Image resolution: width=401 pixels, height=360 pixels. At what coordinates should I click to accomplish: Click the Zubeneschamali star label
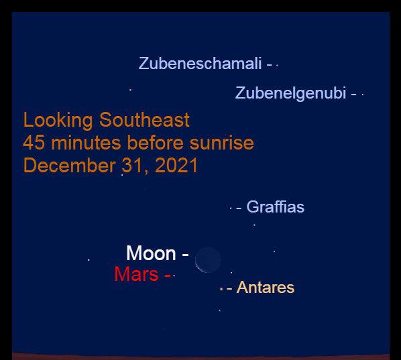coord(200,63)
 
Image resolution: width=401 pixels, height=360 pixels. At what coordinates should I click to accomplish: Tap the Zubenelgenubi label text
coord(290,93)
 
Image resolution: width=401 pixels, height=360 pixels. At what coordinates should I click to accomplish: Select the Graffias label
coord(276,207)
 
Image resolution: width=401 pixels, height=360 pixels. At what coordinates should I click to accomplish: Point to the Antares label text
coord(266,288)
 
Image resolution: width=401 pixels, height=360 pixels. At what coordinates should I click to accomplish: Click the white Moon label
coord(151,253)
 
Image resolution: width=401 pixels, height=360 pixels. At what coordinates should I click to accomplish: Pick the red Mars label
coord(136,274)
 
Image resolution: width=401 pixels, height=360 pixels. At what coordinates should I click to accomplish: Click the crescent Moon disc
coord(208,259)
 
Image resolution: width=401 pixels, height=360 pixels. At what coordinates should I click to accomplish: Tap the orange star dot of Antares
coord(221,289)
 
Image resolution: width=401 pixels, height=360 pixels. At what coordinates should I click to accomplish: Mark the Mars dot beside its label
coord(174,276)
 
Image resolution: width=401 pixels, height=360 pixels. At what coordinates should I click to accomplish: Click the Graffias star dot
coord(231,208)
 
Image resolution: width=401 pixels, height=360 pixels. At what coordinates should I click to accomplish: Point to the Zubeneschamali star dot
coord(277,66)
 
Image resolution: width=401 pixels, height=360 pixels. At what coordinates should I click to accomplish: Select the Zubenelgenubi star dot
coord(363,95)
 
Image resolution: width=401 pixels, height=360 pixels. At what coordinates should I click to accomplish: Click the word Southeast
coord(144,119)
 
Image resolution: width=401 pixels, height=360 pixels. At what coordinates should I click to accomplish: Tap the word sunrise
coord(222,143)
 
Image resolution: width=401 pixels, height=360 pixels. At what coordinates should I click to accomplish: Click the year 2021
coord(176,165)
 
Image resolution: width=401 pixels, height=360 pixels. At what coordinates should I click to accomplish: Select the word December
coord(69,166)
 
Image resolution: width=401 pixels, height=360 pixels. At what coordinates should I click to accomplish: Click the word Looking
coord(58,121)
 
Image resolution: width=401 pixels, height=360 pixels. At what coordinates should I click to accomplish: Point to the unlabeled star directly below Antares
coord(220,310)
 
